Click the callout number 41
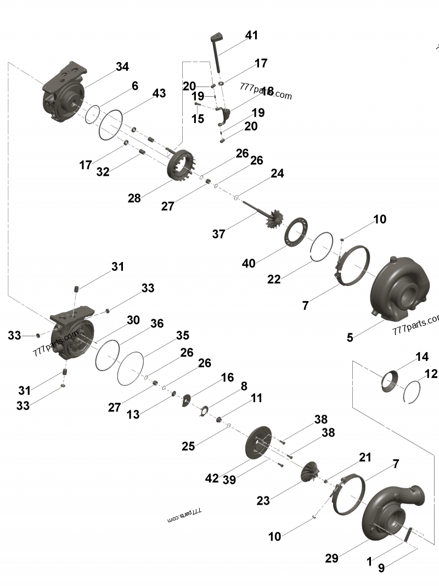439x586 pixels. click(x=251, y=35)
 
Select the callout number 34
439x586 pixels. click(x=122, y=66)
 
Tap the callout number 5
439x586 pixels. click(x=350, y=337)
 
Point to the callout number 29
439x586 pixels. click(x=331, y=558)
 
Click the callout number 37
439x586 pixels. click(x=219, y=234)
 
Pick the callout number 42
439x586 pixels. click(x=212, y=478)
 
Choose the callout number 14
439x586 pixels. click(x=421, y=356)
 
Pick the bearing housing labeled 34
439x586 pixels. click(x=65, y=91)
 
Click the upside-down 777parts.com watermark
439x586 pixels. click(x=184, y=515)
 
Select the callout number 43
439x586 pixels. click(x=159, y=93)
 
